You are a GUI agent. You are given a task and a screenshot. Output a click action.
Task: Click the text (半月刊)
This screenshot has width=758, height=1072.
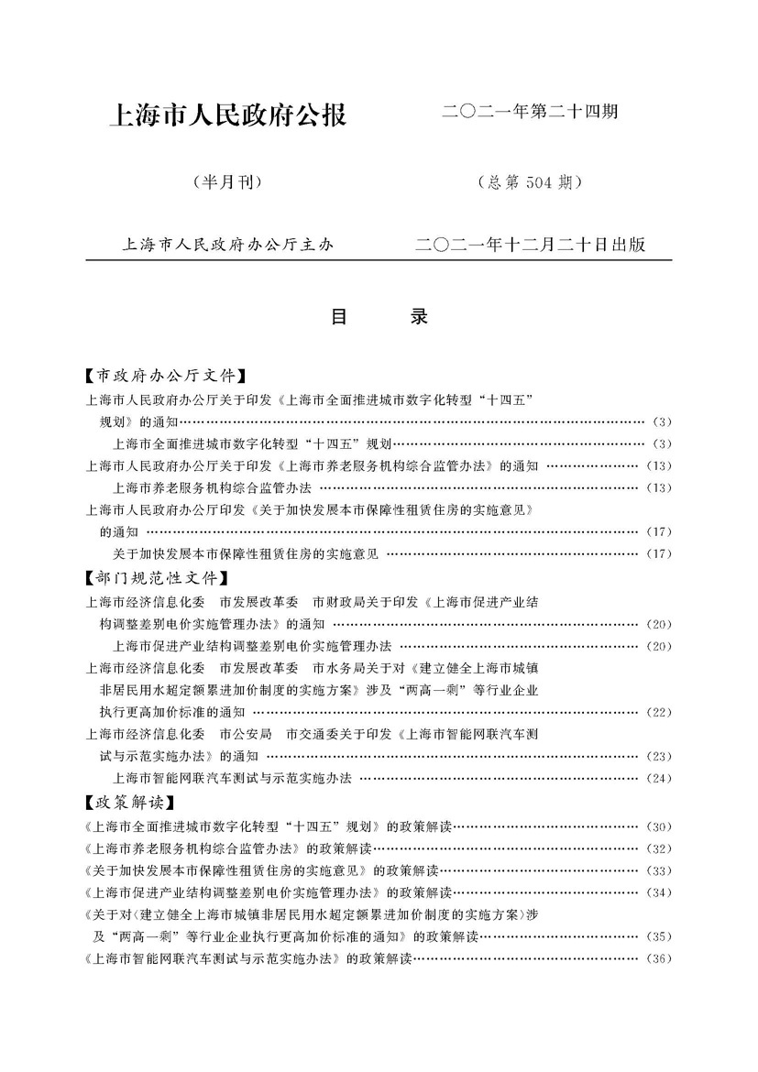(x=227, y=181)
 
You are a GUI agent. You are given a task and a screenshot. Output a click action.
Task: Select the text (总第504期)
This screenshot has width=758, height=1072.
(x=531, y=181)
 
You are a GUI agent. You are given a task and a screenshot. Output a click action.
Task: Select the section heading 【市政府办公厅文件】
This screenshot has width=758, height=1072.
(x=166, y=376)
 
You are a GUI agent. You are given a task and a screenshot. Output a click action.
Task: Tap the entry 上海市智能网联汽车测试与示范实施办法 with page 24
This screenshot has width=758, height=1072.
(x=233, y=779)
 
